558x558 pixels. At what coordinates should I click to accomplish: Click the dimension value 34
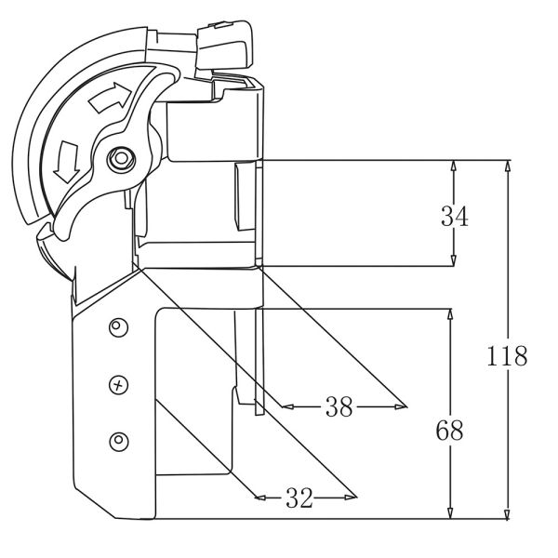[454, 217]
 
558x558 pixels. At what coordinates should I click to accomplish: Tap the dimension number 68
[449, 431]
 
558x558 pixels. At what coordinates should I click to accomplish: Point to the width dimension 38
[339, 406]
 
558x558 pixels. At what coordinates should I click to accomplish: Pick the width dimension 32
[298, 498]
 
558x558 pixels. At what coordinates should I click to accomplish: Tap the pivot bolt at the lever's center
[118, 159]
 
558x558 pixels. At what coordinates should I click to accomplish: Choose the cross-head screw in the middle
[117, 382]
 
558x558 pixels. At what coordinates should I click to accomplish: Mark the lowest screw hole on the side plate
[117, 439]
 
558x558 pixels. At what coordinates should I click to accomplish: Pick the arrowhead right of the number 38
[401, 406]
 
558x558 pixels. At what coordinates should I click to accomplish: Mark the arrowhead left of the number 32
[261, 498]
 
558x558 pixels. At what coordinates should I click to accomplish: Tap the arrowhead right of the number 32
[352, 498]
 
